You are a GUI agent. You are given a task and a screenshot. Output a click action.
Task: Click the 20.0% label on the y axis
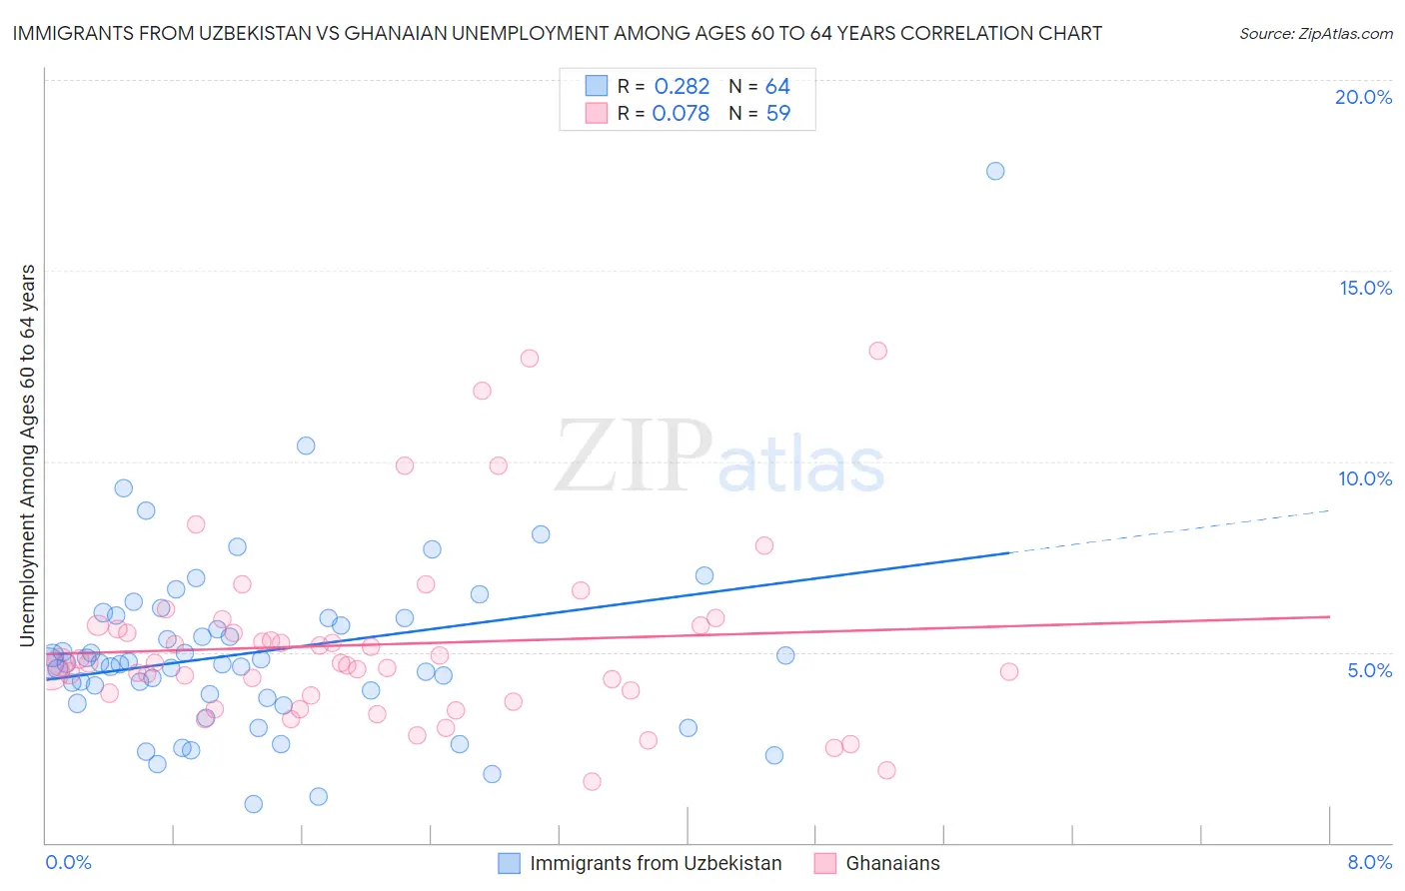(x=1363, y=97)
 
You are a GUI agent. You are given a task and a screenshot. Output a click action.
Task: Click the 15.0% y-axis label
(x=1365, y=288)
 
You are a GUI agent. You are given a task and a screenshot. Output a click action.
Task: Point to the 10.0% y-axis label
(x=1365, y=478)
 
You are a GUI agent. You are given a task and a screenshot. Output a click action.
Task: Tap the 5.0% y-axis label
(x=1369, y=670)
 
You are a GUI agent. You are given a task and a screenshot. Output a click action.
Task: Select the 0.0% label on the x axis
(x=68, y=862)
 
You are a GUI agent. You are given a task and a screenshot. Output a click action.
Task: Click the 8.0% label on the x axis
(x=1369, y=862)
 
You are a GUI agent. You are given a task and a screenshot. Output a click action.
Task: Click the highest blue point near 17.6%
(x=995, y=171)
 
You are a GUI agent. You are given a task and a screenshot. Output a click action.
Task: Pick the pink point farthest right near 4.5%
(x=1009, y=672)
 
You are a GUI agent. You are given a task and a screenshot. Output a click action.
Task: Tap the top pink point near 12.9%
(x=878, y=351)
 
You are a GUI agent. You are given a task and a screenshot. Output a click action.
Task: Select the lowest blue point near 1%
(x=254, y=804)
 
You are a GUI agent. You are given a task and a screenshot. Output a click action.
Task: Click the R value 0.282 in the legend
(x=682, y=87)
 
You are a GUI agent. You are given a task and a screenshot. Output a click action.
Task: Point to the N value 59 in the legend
(x=778, y=114)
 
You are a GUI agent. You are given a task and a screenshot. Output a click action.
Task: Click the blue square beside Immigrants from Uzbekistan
(x=510, y=863)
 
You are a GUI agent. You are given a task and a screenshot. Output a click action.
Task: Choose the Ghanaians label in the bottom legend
(x=892, y=863)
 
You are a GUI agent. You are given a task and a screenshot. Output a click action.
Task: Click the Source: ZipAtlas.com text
(x=1315, y=33)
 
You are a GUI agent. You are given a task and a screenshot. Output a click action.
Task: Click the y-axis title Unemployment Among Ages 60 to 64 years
(x=28, y=455)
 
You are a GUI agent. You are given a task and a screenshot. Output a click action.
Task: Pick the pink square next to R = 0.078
(x=597, y=114)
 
